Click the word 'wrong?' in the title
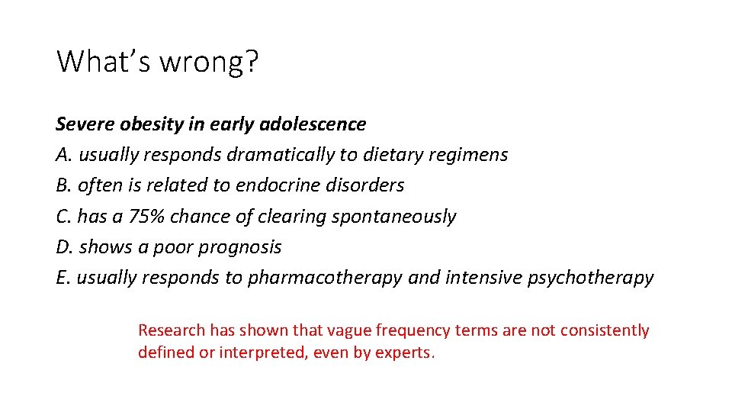208,61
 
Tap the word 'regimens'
473,155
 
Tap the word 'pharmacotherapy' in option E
325,278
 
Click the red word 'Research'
172,330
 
